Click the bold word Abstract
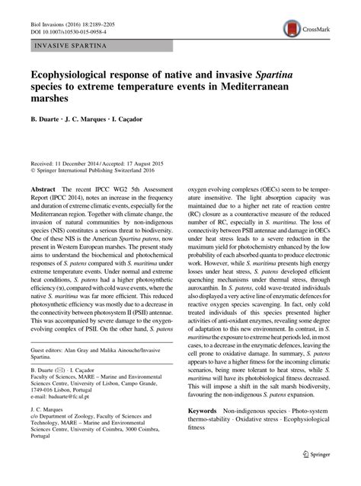coord(43,187)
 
